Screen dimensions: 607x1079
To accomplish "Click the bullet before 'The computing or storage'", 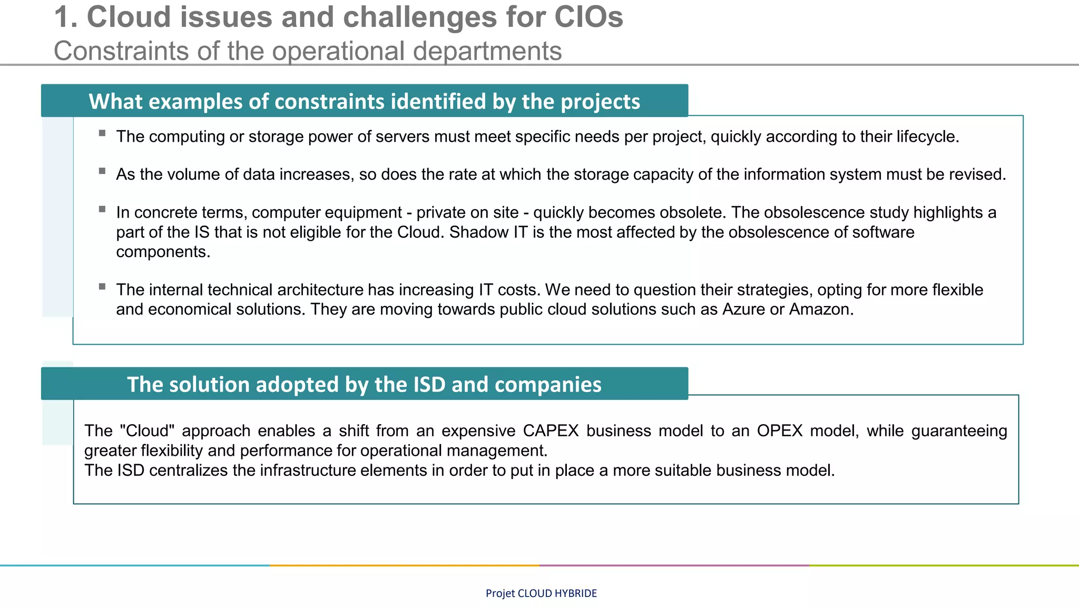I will click(x=102, y=133).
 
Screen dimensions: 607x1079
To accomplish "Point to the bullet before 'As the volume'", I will click(x=102, y=171).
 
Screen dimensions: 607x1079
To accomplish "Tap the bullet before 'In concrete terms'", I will click(x=102, y=209).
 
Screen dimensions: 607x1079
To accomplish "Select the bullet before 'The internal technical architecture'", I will click(x=102, y=287).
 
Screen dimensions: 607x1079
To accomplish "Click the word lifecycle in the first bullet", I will click(x=926, y=136).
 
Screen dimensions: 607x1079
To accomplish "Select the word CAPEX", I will click(x=551, y=431).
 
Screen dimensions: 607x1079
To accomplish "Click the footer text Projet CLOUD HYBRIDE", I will click(x=541, y=593).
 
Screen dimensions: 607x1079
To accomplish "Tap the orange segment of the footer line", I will click(x=405, y=565).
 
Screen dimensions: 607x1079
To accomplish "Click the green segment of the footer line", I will click(x=944, y=565).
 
